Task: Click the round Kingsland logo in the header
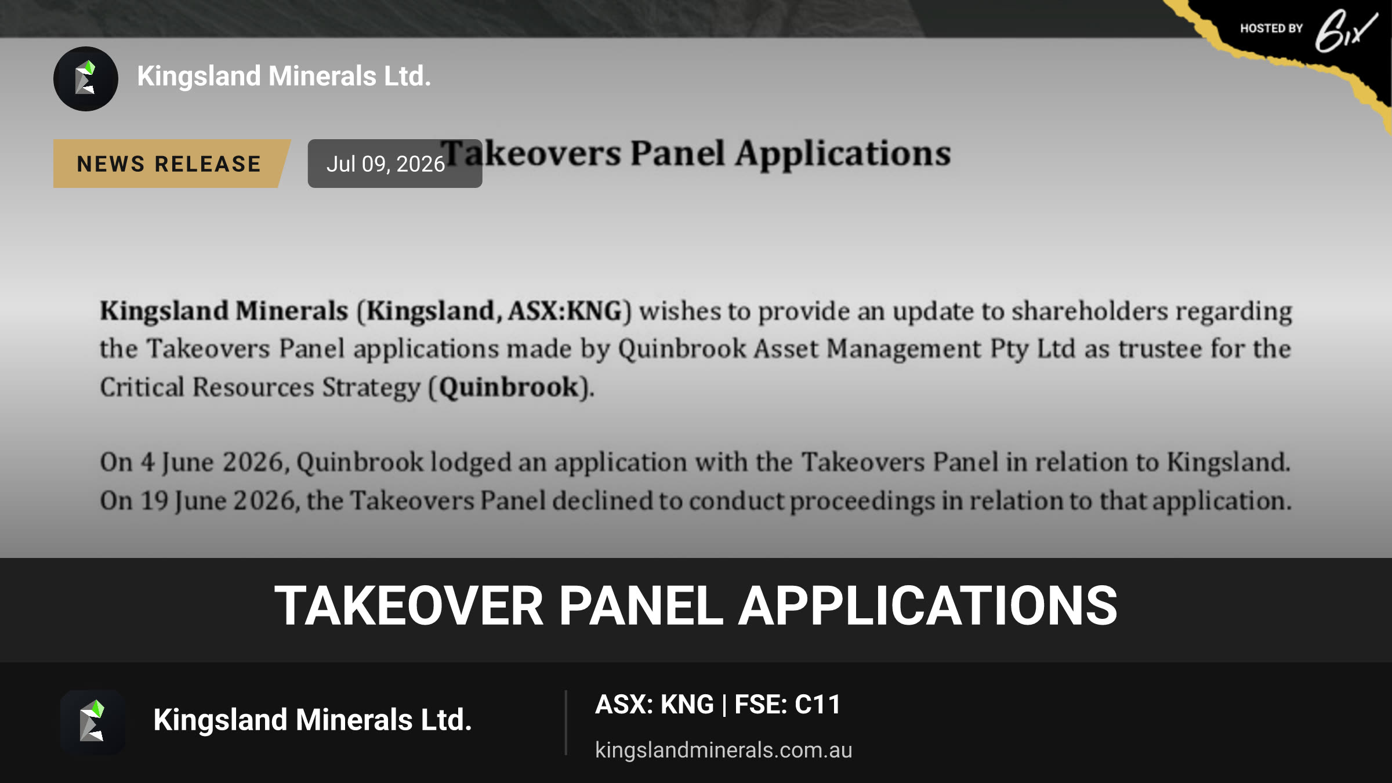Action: click(86, 79)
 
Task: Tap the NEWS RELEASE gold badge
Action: click(171, 164)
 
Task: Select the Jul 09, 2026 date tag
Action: click(394, 164)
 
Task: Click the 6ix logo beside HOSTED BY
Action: click(1346, 30)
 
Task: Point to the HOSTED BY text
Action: click(1271, 28)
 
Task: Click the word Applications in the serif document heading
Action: click(843, 154)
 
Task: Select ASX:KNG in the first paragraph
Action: click(565, 311)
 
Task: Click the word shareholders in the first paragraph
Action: click(1090, 311)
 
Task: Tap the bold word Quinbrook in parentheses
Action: click(509, 387)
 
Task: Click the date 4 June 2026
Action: click(211, 463)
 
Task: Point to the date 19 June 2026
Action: click(218, 501)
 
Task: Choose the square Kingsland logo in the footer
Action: click(93, 723)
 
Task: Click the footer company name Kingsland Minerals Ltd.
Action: click(313, 720)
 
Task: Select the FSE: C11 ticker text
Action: click(788, 705)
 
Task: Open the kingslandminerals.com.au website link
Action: click(723, 750)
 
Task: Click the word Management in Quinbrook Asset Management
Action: click(904, 349)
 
